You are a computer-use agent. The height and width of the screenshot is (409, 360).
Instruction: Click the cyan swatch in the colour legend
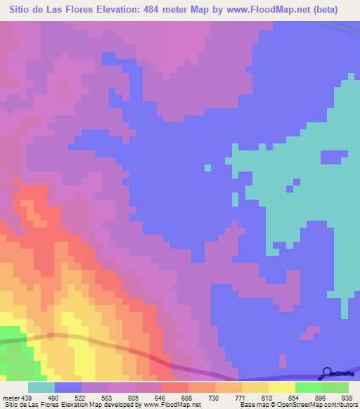tap(41, 387)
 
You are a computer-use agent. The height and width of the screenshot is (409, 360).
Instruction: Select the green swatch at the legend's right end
tap(335, 387)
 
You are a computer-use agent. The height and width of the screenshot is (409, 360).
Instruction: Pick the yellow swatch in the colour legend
tap(281, 387)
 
